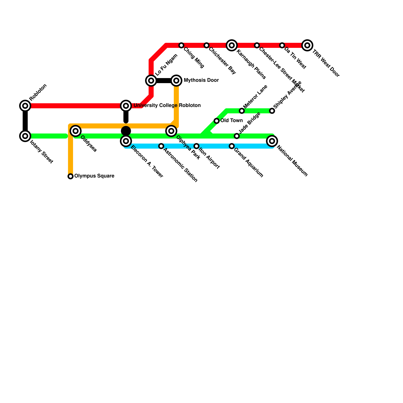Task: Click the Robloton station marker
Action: click(x=25, y=106)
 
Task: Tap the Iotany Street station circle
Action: click(x=25, y=136)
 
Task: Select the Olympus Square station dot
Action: click(x=71, y=176)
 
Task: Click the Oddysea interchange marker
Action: click(x=76, y=131)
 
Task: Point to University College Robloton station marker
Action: click(x=126, y=106)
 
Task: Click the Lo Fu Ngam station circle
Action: click(x=151, y=81)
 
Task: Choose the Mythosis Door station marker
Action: click(x=176, y=81)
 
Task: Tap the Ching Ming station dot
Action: click(x=181, y=45)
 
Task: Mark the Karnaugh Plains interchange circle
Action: click(x=232, y=45)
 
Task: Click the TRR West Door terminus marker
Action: click(x=307, y=45)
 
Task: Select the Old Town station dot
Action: click(x=217, y=121)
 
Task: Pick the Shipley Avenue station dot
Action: click(x=272, y=111)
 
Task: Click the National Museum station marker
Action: click(x=272, y=141)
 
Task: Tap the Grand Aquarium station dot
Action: click(x=232, y=146)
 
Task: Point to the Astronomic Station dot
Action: click(x=161, y=146)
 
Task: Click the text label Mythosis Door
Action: click(x=201, y=80)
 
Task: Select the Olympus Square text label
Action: click(x=94, y=176)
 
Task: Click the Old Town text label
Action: click(x=231, y=121)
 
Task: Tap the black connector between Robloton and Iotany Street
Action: click(x=25, y=121)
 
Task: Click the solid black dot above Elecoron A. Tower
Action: click(x=126, y=131)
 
